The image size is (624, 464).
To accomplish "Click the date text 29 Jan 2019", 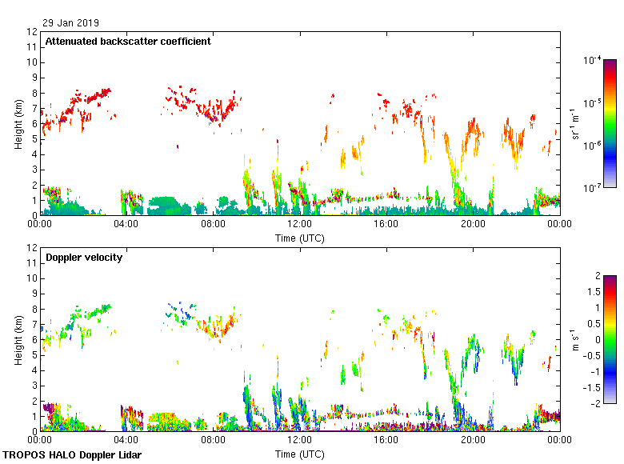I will pyautogui.click(x=72, y=23).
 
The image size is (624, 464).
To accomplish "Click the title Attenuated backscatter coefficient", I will pyautogui.click(x=128, y=41).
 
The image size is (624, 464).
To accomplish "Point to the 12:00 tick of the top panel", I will pyautogui.click(x=300, y=225).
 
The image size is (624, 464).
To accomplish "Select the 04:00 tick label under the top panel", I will pyautogui.click(x=126, y=225).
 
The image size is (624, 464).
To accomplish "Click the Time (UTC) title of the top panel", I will pyautogui.click(x=300, y=238).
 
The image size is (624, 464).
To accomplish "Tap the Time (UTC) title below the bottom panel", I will pyautogui.click(x=300, y=454).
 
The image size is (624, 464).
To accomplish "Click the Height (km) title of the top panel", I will pyautogui.click(x=18, y=123).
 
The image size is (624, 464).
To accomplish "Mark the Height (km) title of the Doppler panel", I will pyautogui.click(x=18, y=339).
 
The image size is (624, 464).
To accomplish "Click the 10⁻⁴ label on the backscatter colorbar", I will pyautogui.click(x=593, y=60).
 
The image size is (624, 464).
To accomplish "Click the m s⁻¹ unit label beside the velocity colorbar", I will pyautogui.click(x=574, y=339).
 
